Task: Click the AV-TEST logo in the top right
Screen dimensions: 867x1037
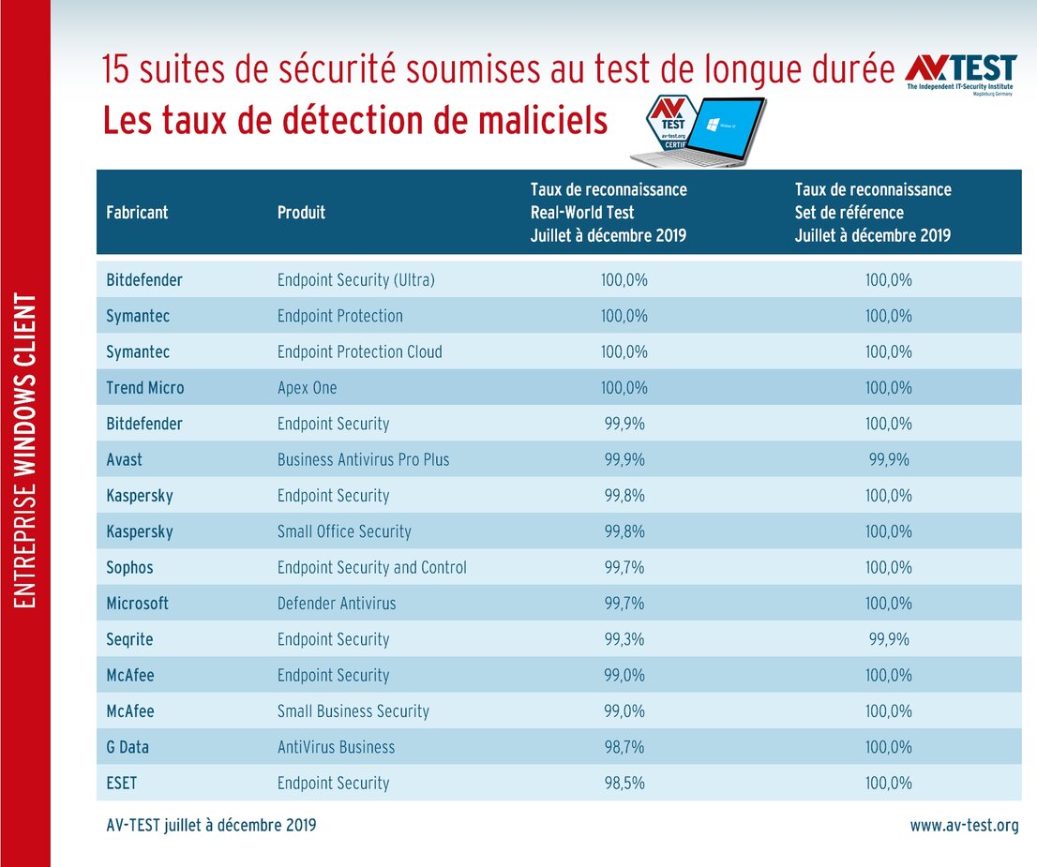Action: click(x=960, y=73)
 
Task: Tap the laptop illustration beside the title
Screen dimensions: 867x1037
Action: click(x=714, y=132)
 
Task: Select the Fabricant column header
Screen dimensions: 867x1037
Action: click(x=137, y=212)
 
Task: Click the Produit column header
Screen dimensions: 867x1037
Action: click(x=301, y=212)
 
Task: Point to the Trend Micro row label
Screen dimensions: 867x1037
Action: click(x=145, y=388)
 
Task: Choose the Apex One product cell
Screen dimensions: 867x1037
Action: click(x=307, y=388)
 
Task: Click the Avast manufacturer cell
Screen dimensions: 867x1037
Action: click(x=125, y=459)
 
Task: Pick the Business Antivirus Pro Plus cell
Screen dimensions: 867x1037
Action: click(x=363, y=459)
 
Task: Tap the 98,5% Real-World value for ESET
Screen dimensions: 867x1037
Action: click(x=624, y=783)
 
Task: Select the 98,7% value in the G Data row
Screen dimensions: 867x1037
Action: click(x=624, y=747)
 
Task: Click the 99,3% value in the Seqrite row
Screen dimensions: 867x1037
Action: click(x=624, y=639)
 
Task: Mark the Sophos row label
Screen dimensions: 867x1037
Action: click(x=129, y=567)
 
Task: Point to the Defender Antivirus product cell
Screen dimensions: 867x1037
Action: click(x=337, y=604)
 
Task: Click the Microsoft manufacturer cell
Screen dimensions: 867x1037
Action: click(x=138, y=604)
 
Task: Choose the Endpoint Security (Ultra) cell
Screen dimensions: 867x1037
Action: click(x=355, y=280)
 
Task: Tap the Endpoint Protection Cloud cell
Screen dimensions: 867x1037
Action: click(x=359, y=352)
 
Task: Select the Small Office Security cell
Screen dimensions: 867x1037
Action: click(x=344, y=531)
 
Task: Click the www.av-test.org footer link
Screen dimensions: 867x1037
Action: click(x=964, y=826)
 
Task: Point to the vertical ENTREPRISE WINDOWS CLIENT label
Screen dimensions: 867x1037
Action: click(x=25, y=451)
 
